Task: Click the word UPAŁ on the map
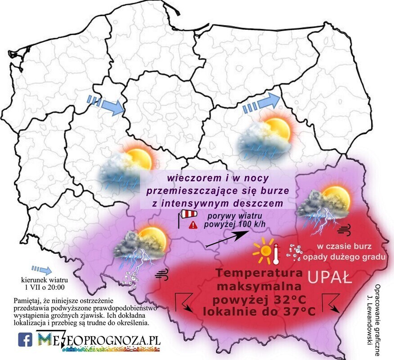[x=330, y=277]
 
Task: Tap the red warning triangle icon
[x=193, y=223]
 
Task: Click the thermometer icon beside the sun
[x=276, y=254]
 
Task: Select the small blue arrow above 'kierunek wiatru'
[x=41, y=270]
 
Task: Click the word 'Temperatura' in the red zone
[x=251, y=273]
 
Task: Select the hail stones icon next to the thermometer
[x=294, y=253]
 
